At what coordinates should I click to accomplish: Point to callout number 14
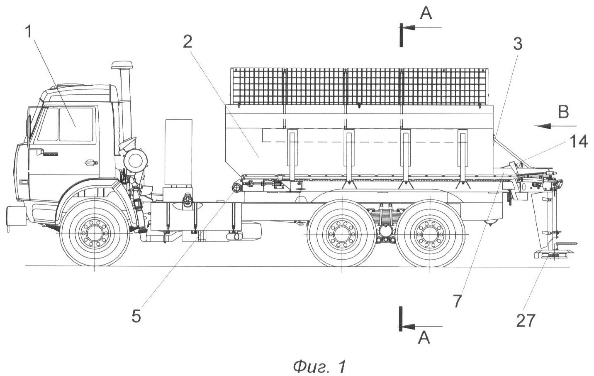coord(578,142)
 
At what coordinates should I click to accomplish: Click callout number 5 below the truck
coord(136,316)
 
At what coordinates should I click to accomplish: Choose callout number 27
coord(526,321)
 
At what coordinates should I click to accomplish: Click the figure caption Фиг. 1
coord(319,366)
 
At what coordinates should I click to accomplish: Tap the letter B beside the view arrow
coord(563,112)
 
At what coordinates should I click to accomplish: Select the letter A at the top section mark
coord(426,14)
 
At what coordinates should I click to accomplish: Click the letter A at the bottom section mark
coord(424,339)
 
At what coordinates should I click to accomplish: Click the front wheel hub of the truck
coord(95,234)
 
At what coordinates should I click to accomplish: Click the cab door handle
coord(89,162)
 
